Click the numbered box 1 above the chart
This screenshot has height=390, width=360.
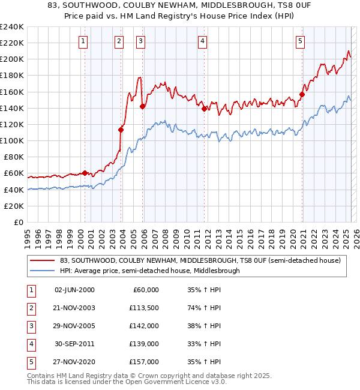[82, 41]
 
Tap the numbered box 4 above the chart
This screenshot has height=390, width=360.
[203, 41]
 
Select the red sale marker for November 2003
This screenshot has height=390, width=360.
[121, 129]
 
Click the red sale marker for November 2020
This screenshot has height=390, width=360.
[302, 94]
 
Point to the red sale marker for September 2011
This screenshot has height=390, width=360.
[205, 109]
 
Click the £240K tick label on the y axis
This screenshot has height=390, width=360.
[12, 27]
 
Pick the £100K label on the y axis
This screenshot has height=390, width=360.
[12, 140]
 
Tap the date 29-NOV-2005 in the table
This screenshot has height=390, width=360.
[74, 326]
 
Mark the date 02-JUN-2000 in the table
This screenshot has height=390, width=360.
[74, 290]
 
